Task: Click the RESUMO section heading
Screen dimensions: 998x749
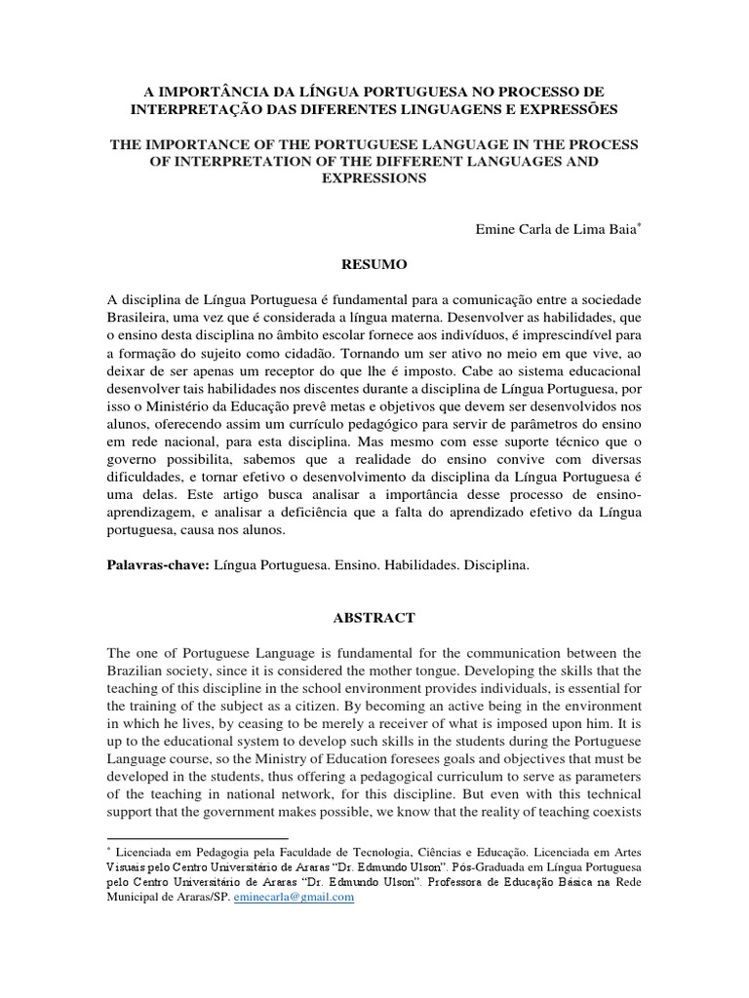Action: click(x=374, y=263)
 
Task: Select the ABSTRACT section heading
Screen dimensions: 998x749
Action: click(x=374, y=618)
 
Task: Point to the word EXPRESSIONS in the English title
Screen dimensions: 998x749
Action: click(x=374, y=181)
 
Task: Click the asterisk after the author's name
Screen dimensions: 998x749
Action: click(x=638, y=224)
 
